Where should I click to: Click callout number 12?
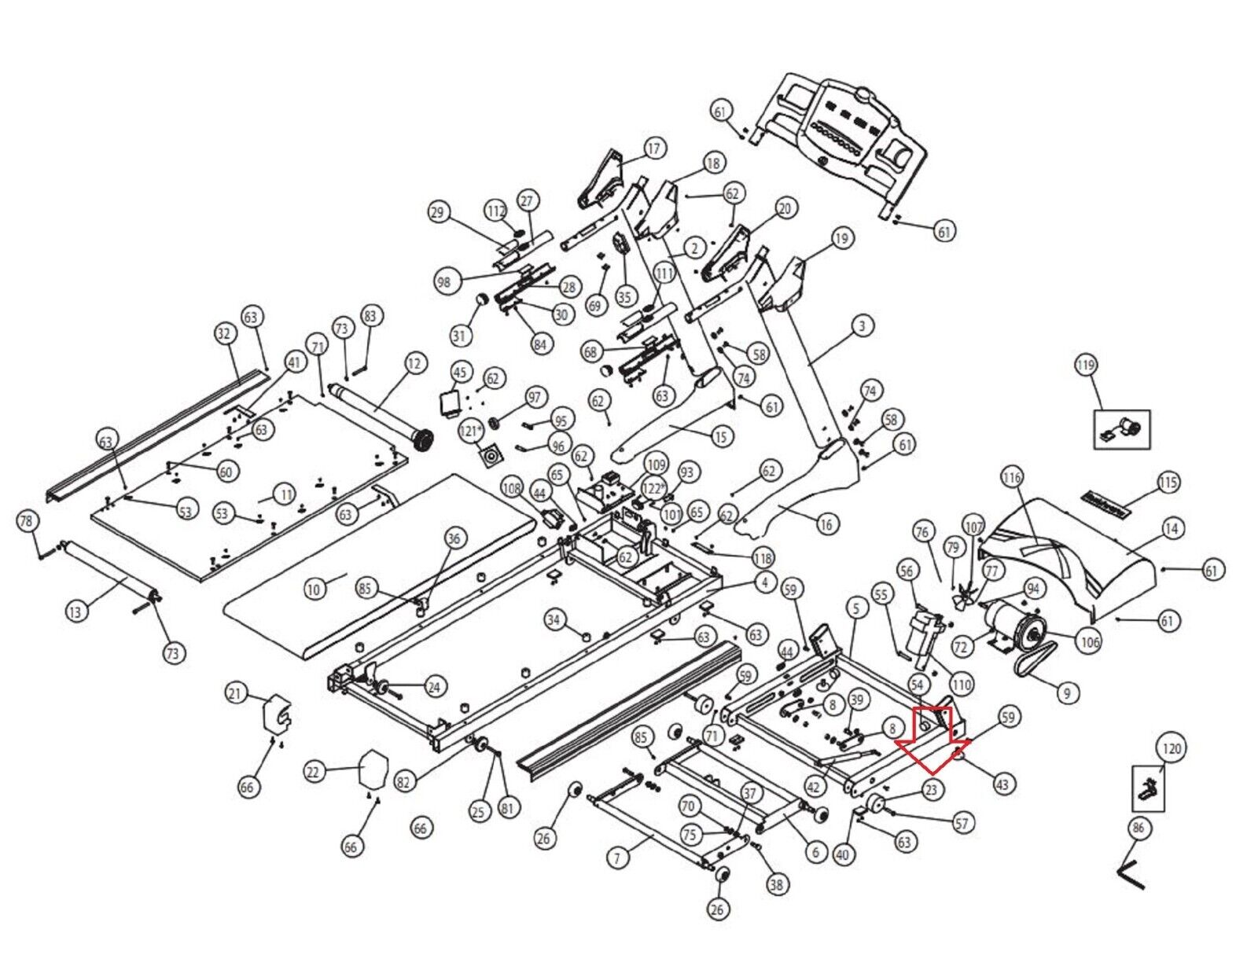[414, 363]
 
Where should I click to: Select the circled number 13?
[75, 611]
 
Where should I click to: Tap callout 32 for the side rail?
[225, 333]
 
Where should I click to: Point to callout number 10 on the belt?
[314, 589]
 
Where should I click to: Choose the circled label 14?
[1172, 529]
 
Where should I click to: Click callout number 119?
[1086, 365]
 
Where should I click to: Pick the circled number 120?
[1172, 747]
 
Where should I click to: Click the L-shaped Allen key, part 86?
[1131, 875]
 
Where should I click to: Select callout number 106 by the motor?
[1089, 642]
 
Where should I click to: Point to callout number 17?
[654, 148]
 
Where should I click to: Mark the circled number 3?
[863, 325]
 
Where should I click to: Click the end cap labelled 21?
[275, 712]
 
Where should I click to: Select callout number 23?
[931, 789]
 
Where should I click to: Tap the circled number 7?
[617, 858]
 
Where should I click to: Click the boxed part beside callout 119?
[1123, 429]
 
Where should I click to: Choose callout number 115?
[1168, 483]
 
